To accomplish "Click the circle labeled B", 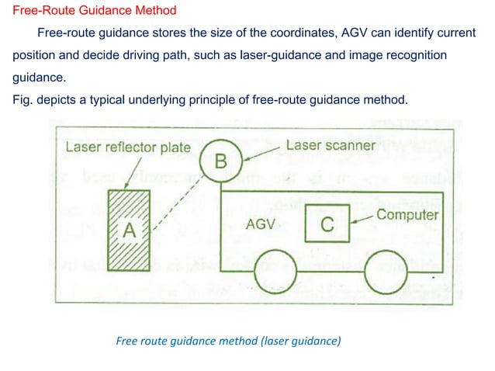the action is pos(221,161).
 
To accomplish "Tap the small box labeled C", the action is pos(327,225).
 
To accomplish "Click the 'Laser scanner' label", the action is pos(331,145).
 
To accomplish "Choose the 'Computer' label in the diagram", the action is pos(407,215).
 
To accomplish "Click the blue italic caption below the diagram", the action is pos(227,339).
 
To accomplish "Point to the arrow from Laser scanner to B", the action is pos(260,151).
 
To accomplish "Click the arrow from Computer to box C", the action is pos(362,219).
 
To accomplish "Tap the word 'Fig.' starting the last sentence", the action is pos(21,100).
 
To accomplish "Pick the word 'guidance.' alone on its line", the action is pos(37,79).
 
